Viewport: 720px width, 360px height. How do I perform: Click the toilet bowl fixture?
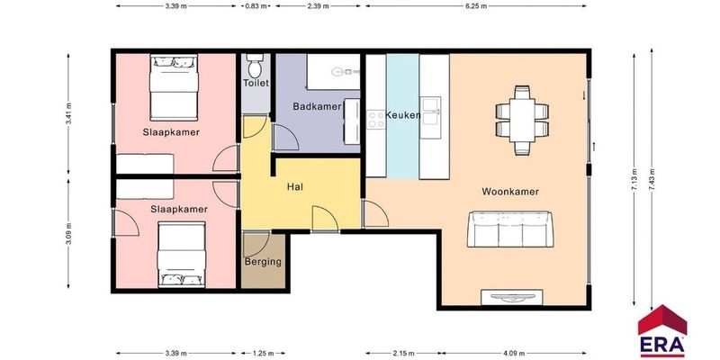(x=255, y=66)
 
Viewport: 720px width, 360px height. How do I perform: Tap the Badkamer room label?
(x=318, y=106)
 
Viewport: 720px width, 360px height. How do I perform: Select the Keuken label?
(x=402, y=115)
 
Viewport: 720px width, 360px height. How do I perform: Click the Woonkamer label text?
(x=510, y=192)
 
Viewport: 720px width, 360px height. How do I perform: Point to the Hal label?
(x=295, y=187)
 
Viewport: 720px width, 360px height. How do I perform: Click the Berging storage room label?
(x=263, y=262)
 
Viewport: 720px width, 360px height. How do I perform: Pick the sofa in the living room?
(x=510, y=229)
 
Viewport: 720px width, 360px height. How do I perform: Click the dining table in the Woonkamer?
(x=522, y=121)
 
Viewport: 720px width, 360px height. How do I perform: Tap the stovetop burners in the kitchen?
(x=375, y=120)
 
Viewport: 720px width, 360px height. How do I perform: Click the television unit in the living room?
(x=512, y=297)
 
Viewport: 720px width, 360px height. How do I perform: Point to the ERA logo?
(x=662, y=330)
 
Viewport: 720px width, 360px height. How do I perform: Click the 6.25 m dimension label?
(x=476, y=6)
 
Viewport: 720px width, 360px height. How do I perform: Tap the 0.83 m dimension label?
(x=256, y=6)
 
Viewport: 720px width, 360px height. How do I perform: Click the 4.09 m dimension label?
(x=515, y=354)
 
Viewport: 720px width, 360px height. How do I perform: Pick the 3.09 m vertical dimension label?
(x=69, y=234)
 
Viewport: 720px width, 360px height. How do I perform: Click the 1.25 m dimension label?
(x=264, y=354)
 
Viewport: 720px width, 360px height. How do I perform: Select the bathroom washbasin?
(x=353, y=121)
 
